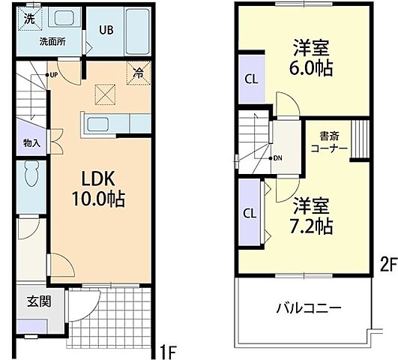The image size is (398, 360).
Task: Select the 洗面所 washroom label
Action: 52,42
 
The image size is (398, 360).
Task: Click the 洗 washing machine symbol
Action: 28,18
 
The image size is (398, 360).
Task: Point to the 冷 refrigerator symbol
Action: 139,73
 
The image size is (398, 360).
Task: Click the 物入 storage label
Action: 31,142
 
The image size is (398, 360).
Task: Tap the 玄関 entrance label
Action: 38,302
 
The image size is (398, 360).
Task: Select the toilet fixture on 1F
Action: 32,178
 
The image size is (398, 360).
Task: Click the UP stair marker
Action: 54,75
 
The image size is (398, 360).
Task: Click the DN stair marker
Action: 275,158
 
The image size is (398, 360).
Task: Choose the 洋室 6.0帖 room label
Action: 312,57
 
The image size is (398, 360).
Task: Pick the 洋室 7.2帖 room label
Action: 312,214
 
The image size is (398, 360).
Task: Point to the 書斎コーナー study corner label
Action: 329,142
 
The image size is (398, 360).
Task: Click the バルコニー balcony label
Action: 309,308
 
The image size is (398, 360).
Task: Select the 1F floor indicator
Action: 169,350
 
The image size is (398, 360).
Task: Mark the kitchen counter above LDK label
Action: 106,123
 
